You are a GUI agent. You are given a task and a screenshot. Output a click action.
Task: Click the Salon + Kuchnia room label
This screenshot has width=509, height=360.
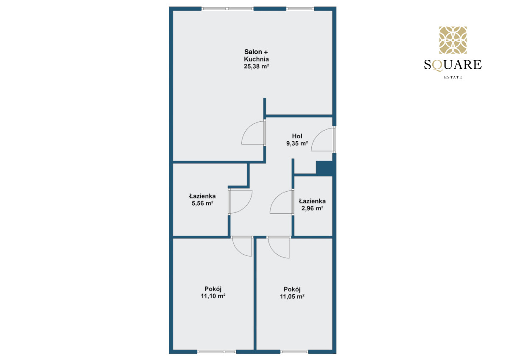click(x=256, y=55)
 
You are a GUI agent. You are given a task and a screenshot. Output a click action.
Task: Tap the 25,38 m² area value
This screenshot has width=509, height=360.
click(x=256, y=66)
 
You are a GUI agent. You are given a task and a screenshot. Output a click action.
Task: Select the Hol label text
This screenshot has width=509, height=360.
click(x=297, y=136)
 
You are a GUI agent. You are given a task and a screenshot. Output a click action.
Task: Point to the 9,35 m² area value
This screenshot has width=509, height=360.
click(x=297, y=143)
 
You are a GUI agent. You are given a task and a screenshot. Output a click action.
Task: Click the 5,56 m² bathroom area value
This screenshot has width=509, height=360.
click(x=202, y=203)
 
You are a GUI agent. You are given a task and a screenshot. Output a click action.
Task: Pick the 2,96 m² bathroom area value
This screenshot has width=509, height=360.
click(x=313, y=208)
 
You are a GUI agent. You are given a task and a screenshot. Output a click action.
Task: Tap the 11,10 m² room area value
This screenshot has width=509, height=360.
click(x=213, y=296)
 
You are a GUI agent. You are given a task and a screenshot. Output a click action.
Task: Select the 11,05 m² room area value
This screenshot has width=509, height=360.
click(x=292, y=296)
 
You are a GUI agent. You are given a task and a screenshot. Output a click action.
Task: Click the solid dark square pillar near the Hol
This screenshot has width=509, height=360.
click(x=324, y=168)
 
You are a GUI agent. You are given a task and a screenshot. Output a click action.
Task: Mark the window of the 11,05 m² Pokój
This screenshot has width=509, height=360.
click(x=294, y=352)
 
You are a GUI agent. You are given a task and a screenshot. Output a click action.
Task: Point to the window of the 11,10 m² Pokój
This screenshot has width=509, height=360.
click(x=217, y=352)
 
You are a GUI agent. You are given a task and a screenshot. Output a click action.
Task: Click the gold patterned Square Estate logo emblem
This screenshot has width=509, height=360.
click(x=453, y=40)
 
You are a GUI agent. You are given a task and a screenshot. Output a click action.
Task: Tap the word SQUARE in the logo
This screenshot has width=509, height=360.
click(x=453, y=65)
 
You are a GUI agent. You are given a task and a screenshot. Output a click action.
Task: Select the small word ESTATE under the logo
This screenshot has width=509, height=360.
click(x=453, y=77)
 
